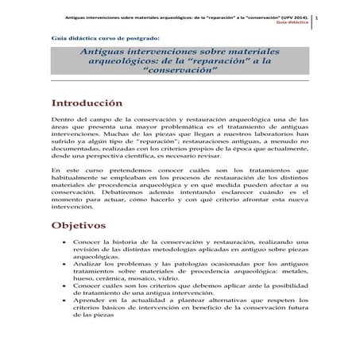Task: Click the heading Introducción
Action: point(87,103)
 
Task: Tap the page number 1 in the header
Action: point(339,17)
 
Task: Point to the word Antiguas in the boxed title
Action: point(106,50)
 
